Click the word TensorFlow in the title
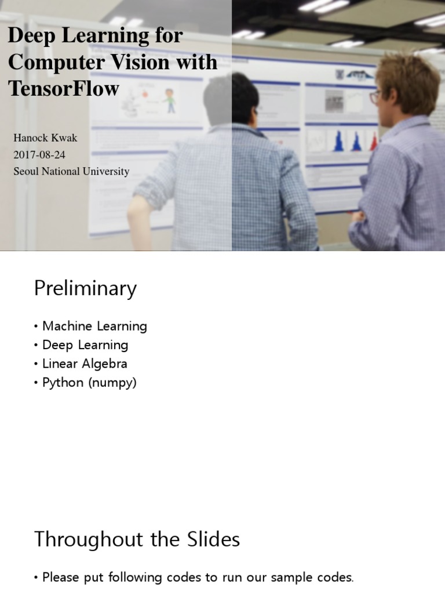pyautogui.click(x=64, y=88)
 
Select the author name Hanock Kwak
pyautogui.click(x=45, y=138)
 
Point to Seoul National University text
pyautogui.click(x=71, y=172)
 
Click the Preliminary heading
pyautogui.click(x=85, y=288)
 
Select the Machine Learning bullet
pyautogui.click(x=94, y=326)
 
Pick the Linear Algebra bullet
pyautogui.click(x=85, y=364)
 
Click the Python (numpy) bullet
pyautogui.click(x=89, y=383)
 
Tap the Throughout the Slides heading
pyautogui.click(x=137, y=539)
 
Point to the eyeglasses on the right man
pyautogui.click(x=375, y=96)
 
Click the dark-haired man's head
pyautogui.click(x=231, y=97)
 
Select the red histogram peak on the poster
pyautogui.click(x=374, y=143)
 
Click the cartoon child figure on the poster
pyautogui.click(x=170, y=100)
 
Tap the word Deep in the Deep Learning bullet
pyautogui.click(x=57, y=345)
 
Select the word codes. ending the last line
pyautogui.click(x=333, y=577)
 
